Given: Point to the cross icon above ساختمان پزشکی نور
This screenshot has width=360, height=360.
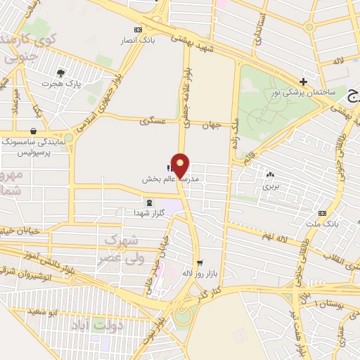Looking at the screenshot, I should pos(303,82).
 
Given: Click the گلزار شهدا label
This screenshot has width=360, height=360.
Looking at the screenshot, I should pos(148,212).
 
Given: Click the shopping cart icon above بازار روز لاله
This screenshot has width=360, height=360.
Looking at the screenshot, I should pos(200,262).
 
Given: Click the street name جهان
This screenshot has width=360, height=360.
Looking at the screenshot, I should pos(212,124).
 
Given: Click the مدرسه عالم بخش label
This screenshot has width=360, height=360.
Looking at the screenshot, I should pos(167,179).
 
